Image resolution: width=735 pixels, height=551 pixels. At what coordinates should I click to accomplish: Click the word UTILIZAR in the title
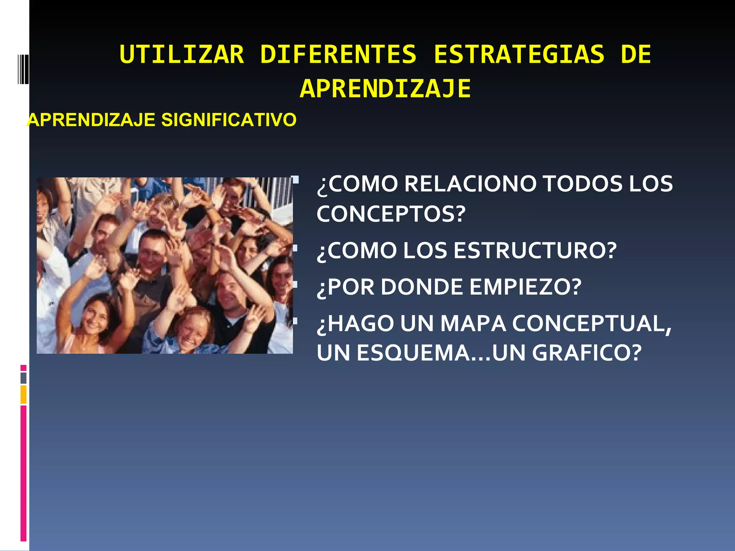pyautogui.click(x=182, y=55)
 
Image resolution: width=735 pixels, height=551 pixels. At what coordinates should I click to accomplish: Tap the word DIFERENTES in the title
pyautogui.click(x=338, y=55)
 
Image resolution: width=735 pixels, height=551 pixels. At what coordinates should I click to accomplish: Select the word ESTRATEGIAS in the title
pyautogui.click(x=519, y=55)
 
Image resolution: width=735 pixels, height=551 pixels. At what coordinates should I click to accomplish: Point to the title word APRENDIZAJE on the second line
pyautogui.click(x=385, y=89)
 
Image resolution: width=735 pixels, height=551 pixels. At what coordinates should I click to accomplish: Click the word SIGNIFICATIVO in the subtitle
pyautogui.click(x=229, y=120)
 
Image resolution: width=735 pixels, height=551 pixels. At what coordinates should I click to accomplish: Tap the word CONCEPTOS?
pyautogui.click(x=391, y=214)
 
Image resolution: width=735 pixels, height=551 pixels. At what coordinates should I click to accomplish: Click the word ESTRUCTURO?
pyautogui.click(x=535, y=250)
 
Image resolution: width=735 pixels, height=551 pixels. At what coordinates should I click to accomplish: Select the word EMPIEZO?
pyautogui.click(x=525, y=287)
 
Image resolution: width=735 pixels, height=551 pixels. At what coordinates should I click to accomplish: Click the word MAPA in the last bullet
pyautogui.click(x=473, y=324)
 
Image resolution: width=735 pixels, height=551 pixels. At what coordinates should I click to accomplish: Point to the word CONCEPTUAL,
pyautogui.click(x=592, y=324)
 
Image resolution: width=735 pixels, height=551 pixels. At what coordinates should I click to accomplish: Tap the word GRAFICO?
pyautogui.click(x=586, y=353)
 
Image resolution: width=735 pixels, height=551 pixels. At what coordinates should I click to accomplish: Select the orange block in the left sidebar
pyautogui.click(x=23, y=394)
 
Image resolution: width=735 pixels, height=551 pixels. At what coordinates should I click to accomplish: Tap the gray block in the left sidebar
pyautogui.click(x=23, y=378)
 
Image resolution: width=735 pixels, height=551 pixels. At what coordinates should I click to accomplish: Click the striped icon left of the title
pyautogui.click(x=23, y=69)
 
